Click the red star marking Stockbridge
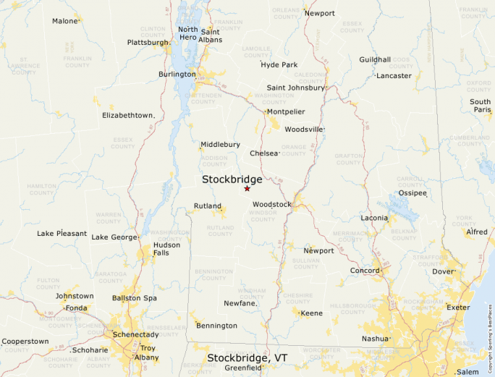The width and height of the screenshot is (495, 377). point(247,188)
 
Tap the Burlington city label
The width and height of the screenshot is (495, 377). point(177,74)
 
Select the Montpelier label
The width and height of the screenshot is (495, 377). point(285,111)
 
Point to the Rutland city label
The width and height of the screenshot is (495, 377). point(208,206)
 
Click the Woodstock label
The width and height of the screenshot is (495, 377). point(271,204)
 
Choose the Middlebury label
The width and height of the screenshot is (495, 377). point(220,144)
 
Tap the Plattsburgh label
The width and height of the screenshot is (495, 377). point(148,42)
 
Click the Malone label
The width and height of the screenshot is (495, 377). point(64,21)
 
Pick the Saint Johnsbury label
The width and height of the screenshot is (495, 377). point(296,88)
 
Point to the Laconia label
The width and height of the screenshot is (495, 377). point(374,218)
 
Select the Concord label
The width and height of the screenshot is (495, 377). point(365,271)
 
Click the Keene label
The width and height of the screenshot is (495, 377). point(311,313)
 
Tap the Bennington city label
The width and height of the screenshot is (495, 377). point(216,326)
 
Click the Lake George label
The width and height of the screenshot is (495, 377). point(114,237)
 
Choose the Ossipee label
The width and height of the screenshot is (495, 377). point(412,193)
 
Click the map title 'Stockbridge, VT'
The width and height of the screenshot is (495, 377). point(247,358)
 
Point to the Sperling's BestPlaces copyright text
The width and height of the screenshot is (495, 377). point(490,334)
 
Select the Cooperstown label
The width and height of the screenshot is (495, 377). point(25,341)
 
